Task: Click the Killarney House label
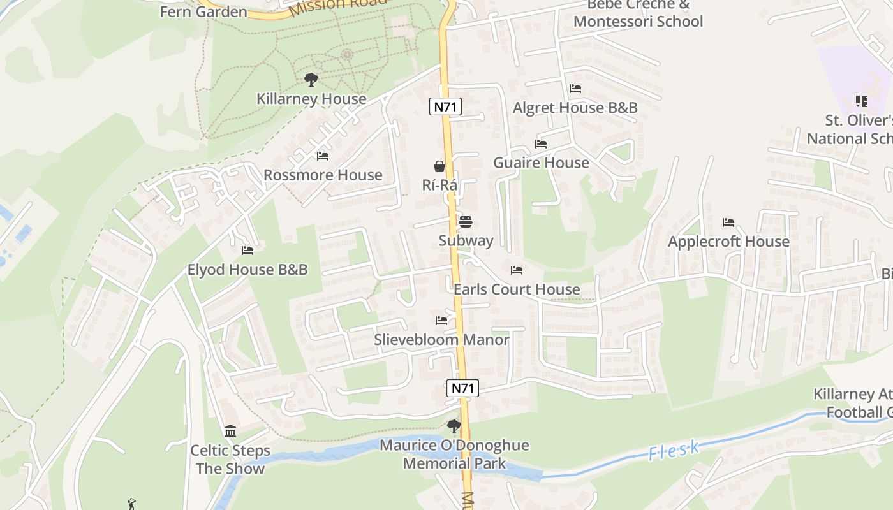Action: (311, 99)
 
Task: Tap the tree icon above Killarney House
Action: (311, 80)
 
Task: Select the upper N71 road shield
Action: (445, 106)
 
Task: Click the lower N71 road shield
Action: (463, 388)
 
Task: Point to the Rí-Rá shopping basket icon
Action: (439, 166)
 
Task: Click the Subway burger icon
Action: (466, 222)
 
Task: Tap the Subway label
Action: (466, 240)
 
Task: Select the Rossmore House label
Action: (323, 175)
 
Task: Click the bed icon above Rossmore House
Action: (323, 156)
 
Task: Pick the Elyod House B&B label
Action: (247, 270)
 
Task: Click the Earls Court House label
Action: (517, 289)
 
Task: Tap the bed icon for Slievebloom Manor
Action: (441, 321)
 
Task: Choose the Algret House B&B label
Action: (575, 108)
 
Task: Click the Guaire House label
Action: (541, 163)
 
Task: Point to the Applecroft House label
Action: (728, 242)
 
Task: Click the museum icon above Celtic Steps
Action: (230, 432)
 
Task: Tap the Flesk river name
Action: (674, 451)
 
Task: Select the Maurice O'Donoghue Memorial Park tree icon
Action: (454, 426)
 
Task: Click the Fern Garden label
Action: (203, 11)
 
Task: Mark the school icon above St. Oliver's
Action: (862, 101)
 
